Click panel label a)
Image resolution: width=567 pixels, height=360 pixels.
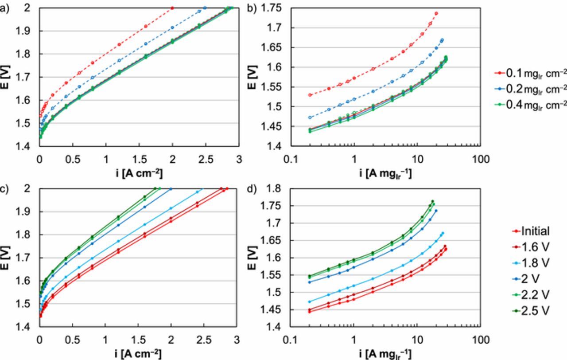pyautogui.click(x=4, y=8)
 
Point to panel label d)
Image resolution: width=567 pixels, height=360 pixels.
pyautogui.click(x=251, y=189)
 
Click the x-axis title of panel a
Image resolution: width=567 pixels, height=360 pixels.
pyautogui.click(x=139, y=173)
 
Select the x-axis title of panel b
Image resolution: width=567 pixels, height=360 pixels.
pyautogui.click(x=385, y=173)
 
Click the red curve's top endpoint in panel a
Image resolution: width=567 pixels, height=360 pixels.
pyautogui.click(x=172, y=8)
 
